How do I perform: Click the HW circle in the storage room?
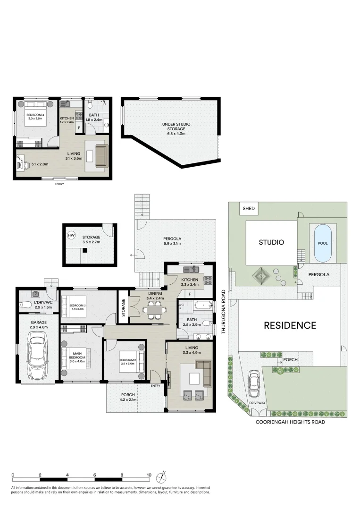(x=71, y=235)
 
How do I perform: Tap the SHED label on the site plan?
(x=248, y=208)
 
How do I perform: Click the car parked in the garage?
(x=38, y=356)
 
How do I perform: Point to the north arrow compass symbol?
(x=163, y=474)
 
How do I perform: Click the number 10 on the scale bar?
(x=149, y=475)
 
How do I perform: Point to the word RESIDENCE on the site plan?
(x=290, y=325)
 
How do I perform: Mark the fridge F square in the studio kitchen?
(x=79, y=127)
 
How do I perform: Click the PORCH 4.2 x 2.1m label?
(x=128, y=397)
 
